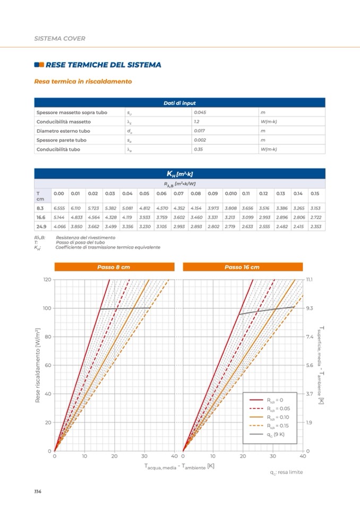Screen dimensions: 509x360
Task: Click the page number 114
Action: tap(38, 492)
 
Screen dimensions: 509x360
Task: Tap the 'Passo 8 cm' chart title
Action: tap(114, 267)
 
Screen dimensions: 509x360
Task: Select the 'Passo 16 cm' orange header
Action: tap(242, 267)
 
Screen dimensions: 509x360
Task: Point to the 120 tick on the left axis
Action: tap(47, 280)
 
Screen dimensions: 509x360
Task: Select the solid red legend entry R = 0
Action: tap(275, 400)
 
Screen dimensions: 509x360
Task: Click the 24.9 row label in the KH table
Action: tap(41, 227)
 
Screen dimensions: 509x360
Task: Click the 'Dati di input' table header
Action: tap(179, 102)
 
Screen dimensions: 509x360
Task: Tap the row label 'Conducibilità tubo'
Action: tap(58, 149)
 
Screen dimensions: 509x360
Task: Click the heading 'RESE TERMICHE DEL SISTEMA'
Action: tap(103, 65)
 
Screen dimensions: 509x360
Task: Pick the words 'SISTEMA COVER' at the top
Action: tap(59, 38)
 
